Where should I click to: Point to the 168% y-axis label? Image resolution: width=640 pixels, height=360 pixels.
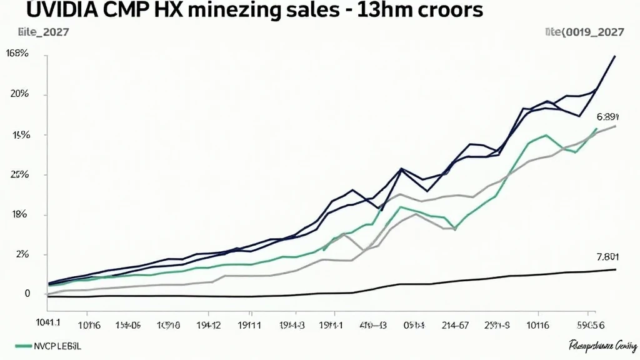(17, 54)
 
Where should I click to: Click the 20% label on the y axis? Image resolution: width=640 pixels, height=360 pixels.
(19, 94)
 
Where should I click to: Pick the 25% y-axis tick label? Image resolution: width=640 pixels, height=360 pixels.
(19, 174)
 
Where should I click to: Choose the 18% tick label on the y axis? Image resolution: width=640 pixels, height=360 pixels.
(19, 214)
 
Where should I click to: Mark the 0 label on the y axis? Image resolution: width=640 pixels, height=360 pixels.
(27, 293)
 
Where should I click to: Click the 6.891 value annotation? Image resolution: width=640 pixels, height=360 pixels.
(607, 116)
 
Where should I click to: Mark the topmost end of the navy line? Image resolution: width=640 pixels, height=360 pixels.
(615, 56)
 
